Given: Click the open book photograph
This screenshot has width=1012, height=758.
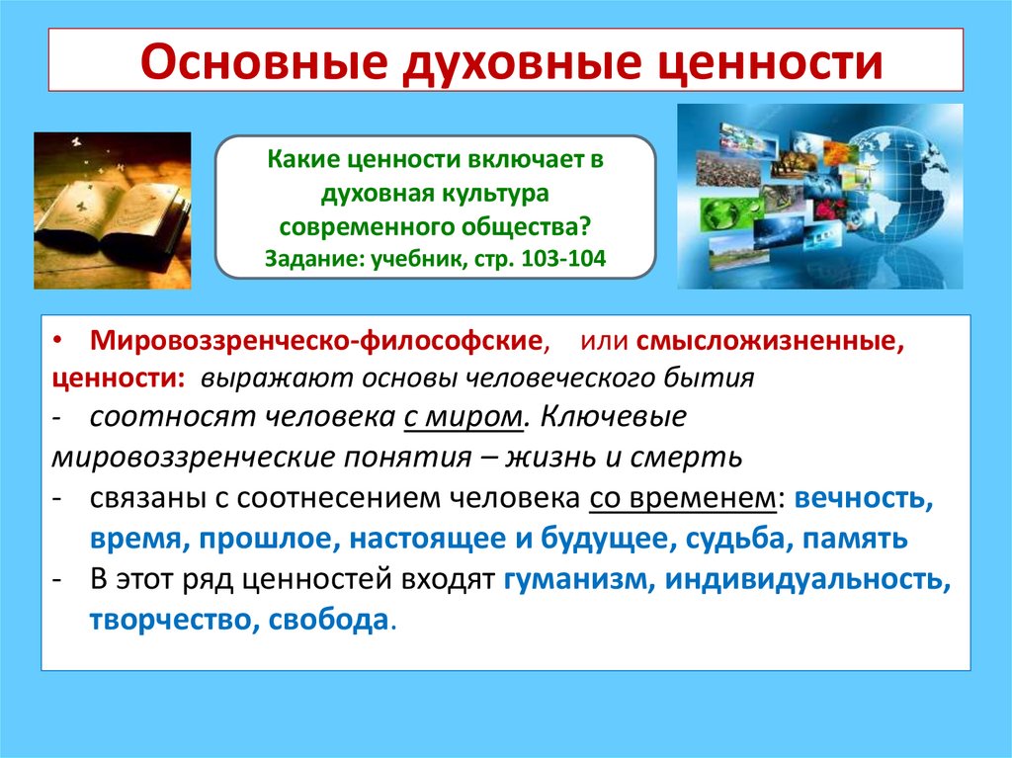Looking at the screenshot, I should tap(112, 210).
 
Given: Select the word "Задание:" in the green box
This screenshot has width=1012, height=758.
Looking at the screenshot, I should tap(308, 259).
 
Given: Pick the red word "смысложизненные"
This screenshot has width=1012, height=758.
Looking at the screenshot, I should tap(770, 342).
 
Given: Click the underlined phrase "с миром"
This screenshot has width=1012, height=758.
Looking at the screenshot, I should tap(462, 417).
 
